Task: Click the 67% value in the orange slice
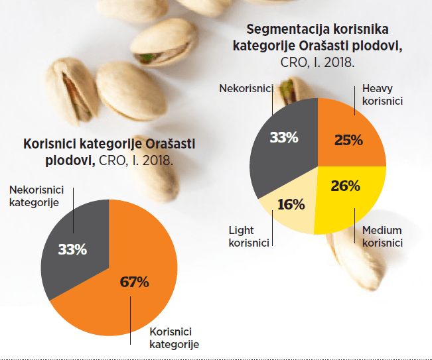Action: coord(135,282)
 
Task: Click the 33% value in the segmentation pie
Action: coord(284,137)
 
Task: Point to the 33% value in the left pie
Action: coord(72,249)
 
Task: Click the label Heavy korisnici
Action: coord(382,95)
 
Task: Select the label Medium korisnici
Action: coord(382,237)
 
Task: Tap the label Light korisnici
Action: coord(249,237)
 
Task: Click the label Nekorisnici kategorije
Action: coord(36,196)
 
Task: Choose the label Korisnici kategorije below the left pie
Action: coord(174,338)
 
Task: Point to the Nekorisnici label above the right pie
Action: coord(246,88)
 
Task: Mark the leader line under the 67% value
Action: coord(130,320)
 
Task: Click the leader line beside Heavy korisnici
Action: coord(354,101)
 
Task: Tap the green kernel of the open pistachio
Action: coord(145,58)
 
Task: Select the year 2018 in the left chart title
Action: coord(158,160)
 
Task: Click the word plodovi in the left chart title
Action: coord(70,160)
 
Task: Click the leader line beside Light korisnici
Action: coord(273,228)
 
